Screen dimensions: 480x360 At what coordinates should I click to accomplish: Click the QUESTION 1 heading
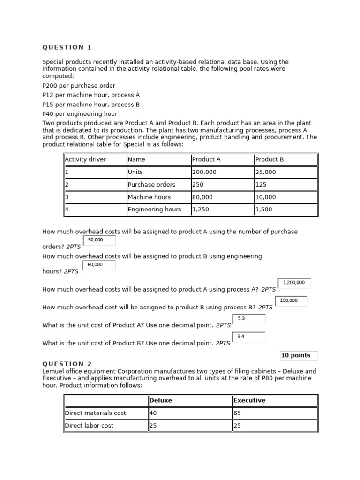point(67,47)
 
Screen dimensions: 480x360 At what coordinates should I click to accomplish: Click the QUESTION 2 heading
point(67,364)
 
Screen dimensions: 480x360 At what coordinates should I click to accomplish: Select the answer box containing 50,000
point(99,240)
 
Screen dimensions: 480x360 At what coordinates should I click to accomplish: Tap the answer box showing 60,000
point(99,265)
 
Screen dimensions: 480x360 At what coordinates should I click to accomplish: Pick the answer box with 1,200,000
point(294,283)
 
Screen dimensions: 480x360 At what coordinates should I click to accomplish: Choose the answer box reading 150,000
point(292,301)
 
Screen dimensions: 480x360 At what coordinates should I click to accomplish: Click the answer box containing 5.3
point(249,319)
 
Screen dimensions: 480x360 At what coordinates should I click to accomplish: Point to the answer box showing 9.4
point(249,337)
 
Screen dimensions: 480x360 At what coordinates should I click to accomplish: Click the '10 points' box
point(299,355)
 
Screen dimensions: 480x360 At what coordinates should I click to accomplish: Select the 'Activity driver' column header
point(95,159)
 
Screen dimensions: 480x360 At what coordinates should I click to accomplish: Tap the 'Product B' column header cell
point(285,159)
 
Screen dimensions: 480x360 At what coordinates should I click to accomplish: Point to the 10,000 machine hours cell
point(285,197)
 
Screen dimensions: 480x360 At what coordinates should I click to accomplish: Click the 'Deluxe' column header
point(190,400)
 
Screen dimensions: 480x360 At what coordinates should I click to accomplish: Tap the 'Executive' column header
point(275,400)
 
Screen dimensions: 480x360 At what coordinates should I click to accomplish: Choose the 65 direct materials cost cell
point(275,413)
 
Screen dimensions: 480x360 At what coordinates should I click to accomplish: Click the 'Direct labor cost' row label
point(105,426)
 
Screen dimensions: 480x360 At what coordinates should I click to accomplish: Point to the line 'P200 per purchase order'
point(79,86)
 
